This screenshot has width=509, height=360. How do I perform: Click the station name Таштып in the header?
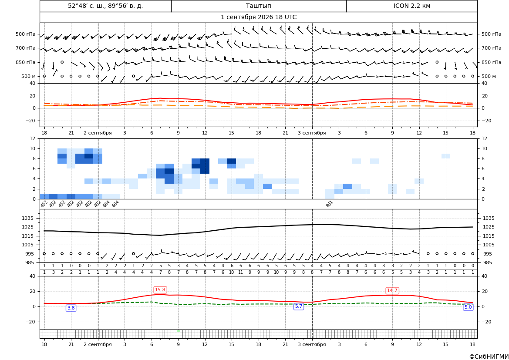coord(258,6)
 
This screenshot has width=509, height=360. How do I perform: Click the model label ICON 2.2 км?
coord(411,6)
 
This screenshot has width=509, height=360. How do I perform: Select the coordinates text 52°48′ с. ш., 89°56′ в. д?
coord(105,6)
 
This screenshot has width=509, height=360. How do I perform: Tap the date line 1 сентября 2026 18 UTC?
coord(258,17)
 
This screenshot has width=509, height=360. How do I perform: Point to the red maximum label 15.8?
coord(160,289)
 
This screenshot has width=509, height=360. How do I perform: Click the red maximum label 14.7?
coord(392,290)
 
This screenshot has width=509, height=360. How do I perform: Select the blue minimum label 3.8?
coord(71,308)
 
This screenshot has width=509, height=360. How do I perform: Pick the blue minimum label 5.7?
coord(298,306)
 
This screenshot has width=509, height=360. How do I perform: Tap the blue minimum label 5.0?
coord(468,307)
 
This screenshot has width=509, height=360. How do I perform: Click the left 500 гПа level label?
coord(26,34)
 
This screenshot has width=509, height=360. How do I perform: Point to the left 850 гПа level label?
coord(26,62)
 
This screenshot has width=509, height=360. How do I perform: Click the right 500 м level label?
coord(489,76)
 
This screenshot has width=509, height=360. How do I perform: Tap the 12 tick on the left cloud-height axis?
coord(33,138)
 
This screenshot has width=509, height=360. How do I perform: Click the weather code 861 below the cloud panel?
coord(330,204)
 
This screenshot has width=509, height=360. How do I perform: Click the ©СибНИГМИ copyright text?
coord(489,357)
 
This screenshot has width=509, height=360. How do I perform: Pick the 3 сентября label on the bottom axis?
coord(312,344)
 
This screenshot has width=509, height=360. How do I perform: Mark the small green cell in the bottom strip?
coord(178,331)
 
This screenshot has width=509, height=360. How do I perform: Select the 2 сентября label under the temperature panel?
coord(98,133)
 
